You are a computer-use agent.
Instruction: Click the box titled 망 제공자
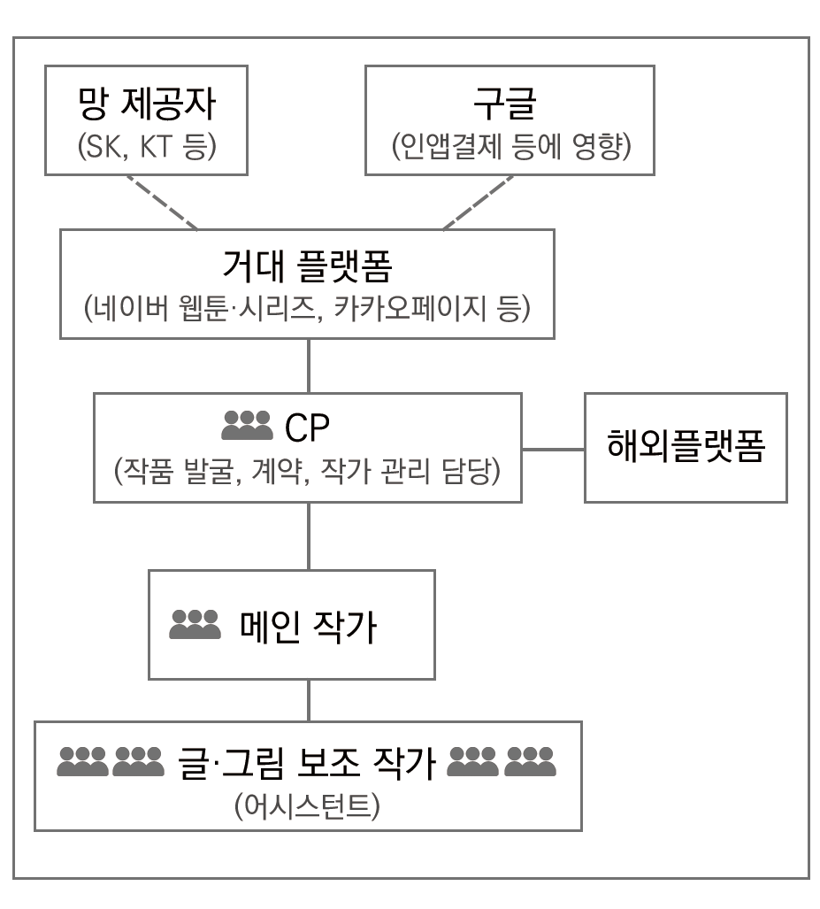(146, 120)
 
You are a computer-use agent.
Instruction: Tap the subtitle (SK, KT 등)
(146, 145)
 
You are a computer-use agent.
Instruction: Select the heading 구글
(510, 105)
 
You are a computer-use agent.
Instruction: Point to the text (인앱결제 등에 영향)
(510, 145)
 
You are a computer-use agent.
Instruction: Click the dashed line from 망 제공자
(160, 201)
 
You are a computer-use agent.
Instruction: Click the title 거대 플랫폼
(307, 263)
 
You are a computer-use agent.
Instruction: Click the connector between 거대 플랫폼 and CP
(308, 366)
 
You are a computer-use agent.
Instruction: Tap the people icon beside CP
(247, 427)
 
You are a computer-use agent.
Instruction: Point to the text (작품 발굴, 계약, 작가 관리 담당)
(307, 470)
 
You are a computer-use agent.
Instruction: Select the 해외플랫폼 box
(686, 448)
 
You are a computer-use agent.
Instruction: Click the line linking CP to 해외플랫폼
(553, 449)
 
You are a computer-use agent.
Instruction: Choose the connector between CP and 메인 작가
(308, 536)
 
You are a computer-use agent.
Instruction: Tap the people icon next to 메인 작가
(195, 626)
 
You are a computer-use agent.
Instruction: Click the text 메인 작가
(309, 628)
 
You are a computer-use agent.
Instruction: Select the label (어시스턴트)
(308, 806)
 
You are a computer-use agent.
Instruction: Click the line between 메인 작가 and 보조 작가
(308, 700)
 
